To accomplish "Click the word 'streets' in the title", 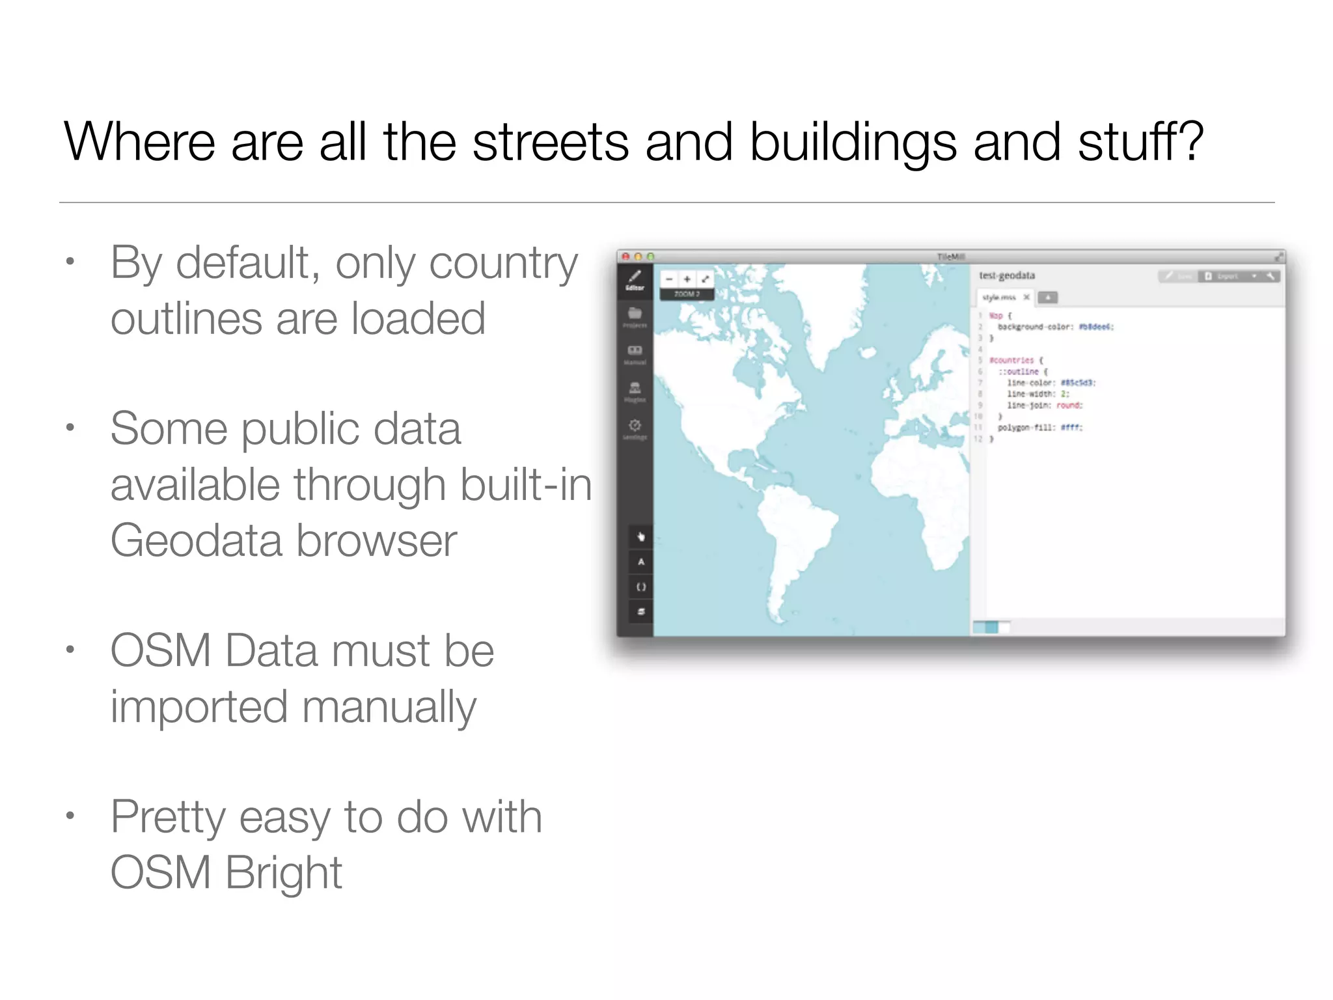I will (551, 142).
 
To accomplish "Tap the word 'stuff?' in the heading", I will (1140, 142).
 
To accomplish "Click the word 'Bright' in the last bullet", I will (284, 873).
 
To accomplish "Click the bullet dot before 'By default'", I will (70, 262).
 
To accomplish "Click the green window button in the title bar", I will (650, 257).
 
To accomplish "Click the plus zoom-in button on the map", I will (687, 279).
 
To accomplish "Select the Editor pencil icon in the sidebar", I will (635, 276).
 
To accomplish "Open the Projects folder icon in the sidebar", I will (635, 314).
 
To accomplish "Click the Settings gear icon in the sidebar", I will (635, 426).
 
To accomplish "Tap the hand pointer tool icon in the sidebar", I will (641, 537).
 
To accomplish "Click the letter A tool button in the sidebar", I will (641, 562).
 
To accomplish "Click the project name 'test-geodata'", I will (1007, 275).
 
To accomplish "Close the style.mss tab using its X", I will (1026, 298).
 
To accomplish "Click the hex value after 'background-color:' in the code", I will (1096, 327).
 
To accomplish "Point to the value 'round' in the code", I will (1069, 405).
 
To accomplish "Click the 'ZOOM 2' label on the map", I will (687, 294).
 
